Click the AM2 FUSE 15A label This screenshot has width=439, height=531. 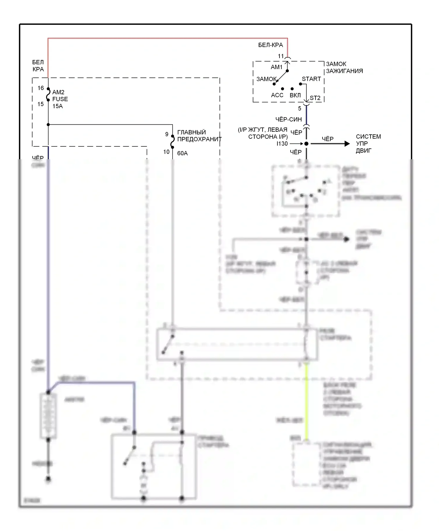point(60,99)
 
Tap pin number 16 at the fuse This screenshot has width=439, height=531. point(41,88)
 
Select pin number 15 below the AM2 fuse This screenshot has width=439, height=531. point(41,104)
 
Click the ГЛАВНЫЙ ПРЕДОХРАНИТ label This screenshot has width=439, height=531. point(199,136)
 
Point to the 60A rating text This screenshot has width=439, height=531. point(182,153)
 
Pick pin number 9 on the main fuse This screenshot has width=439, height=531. point(167,134)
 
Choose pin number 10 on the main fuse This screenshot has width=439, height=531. point(167,152)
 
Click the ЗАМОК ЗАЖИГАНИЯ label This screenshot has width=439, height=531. point(344,68)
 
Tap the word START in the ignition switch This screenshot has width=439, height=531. point(311,79)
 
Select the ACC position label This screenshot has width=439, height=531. point(277,95)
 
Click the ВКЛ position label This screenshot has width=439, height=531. point(295,95)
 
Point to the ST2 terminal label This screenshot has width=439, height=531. point(315,98)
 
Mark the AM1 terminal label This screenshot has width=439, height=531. point(277,67)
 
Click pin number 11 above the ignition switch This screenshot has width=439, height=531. point(281,56)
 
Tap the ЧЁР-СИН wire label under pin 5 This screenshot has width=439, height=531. point(289,119)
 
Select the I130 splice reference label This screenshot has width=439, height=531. point(282,144)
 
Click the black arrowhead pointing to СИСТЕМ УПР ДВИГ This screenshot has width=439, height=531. point(347,144)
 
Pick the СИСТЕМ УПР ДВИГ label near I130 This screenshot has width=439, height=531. point(368,144)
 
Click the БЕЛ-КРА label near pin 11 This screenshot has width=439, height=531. point(270,45)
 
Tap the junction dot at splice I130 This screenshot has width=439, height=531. point(306,144)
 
